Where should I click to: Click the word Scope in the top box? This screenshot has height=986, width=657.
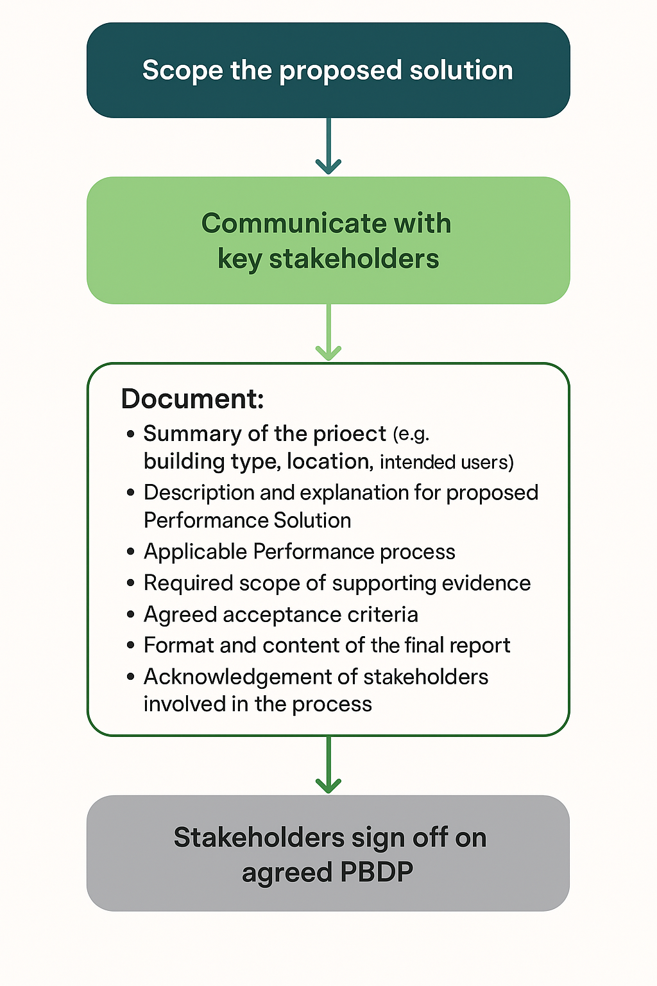pos(183,71)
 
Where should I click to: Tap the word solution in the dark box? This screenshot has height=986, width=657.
pos(461,70)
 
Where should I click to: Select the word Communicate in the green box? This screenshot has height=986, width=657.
pos(293,223)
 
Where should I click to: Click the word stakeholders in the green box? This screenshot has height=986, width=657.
pos(354,258)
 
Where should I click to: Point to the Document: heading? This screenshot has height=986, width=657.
pos(192,399)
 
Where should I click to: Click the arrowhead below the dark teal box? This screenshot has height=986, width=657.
pos(328,166)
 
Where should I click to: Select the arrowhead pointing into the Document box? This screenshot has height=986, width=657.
pos(328,352)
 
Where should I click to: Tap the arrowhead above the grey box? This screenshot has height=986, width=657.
pos(328,786)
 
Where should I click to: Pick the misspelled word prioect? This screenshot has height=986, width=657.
pos(350,435)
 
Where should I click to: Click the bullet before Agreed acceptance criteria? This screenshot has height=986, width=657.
pos(130,614)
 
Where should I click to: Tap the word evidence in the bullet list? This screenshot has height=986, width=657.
pos(486,583)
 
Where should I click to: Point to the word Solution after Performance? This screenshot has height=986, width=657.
pos(312,521)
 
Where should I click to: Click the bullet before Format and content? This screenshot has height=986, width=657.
pos(130,645)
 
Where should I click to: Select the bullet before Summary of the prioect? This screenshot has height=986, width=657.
pos(130,434)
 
